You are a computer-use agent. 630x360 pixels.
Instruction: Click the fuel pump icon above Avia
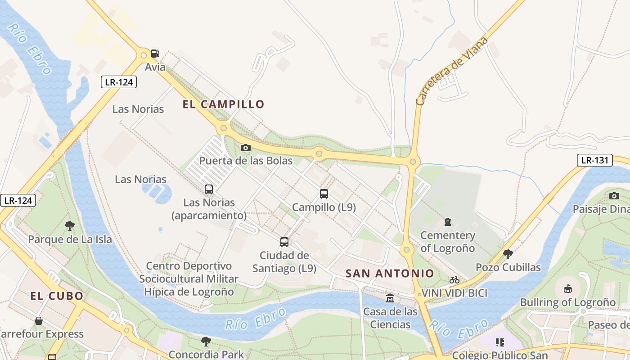[x=155, y=54]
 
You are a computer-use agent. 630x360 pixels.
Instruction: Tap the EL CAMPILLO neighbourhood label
[x=223, y=104]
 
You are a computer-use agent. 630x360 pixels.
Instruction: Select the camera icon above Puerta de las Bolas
[x=245, y=148]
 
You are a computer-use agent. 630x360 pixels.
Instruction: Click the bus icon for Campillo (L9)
[x=324, y=194]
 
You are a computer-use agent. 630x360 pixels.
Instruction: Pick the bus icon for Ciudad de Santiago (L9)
[x=284, y=242]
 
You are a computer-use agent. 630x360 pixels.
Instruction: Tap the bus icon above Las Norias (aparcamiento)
[x=208, y=189]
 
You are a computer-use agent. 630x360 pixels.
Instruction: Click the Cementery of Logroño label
[x=447, y=242]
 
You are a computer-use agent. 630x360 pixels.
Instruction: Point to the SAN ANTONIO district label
[x=390, y=273]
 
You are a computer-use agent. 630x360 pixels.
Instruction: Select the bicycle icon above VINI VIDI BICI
[x=454, y=280]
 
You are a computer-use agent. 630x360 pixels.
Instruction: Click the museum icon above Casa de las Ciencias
[x=390, y=298]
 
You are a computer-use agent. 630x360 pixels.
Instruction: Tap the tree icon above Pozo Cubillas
[x=508, y=254]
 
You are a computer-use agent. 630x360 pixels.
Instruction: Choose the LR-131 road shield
[x=594, y=160]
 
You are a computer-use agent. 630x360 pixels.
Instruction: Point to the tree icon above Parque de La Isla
[x=69, y=225]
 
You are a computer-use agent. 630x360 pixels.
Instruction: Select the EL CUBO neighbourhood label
[x=57, y=296]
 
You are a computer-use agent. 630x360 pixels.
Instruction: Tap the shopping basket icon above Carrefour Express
[x=39, y=321]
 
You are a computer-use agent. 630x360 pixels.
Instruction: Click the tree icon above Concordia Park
[x=206, y=341]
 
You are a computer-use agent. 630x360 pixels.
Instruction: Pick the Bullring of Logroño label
[x=567, y=302]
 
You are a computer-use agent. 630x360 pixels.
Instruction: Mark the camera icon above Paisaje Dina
[x=614, y=196]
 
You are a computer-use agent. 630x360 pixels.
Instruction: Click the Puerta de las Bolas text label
[x=246, y=161]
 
